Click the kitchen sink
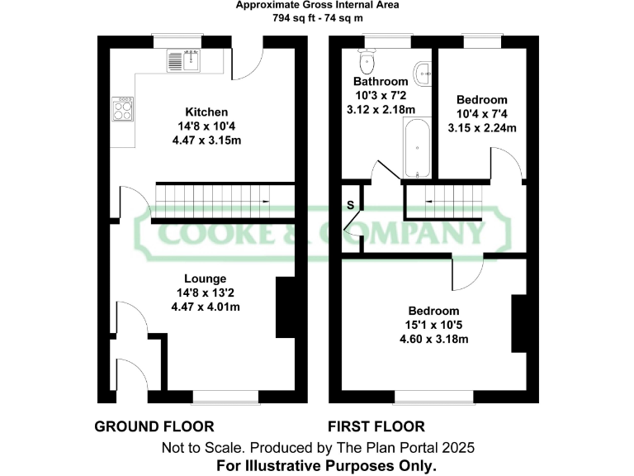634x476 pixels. tap(184, 59)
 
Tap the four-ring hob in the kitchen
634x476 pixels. tap(124, 109)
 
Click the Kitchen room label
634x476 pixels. tap(206, 112)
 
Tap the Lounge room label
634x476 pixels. tap(205, 278)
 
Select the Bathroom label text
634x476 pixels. tap(381, 82)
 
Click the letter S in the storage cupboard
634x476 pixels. tap(350, 204)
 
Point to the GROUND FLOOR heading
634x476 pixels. tap(154, 426)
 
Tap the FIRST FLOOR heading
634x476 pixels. tap(376, 426)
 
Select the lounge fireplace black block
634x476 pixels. tap(285, 307)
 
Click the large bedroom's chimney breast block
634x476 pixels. tap(519, 323)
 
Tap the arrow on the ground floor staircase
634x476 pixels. tap(265, 202)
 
